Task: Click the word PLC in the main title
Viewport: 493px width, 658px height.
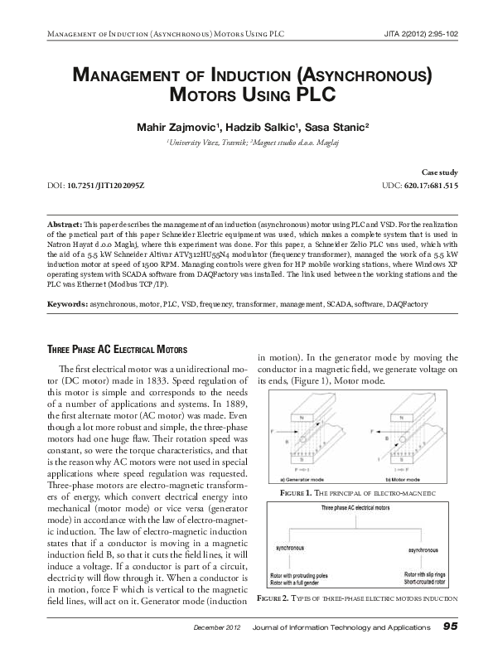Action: [314, 93]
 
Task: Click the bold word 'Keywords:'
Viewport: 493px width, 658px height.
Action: [67, 305]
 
